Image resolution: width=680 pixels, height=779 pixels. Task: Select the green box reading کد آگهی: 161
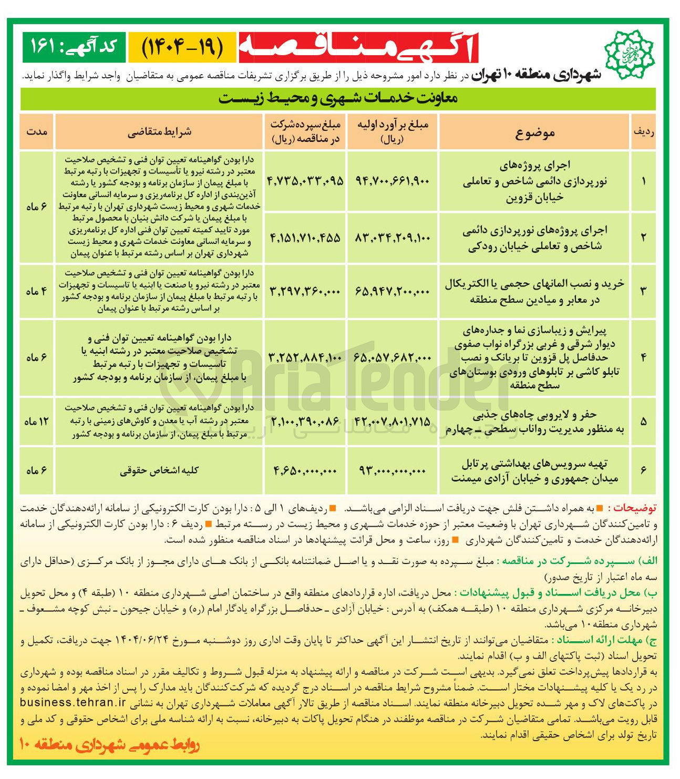click(x=73, y=47)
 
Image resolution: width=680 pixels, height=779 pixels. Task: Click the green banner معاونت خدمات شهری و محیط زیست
click(x=338, y=99)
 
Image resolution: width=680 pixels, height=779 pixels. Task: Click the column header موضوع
click(x=535, y=132)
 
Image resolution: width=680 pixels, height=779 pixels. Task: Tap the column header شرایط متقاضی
click(x=159, y=132)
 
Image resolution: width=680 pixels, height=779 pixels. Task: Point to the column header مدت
click(x=37, y=132)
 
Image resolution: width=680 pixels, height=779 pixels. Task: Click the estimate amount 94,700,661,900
click(x=393, y=181)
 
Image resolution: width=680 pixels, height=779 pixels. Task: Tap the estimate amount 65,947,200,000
click(x=393, y=291)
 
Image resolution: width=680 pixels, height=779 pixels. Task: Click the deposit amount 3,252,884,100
click(x=305, y=357)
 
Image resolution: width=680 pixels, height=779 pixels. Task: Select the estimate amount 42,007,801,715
click(x=393, y=422)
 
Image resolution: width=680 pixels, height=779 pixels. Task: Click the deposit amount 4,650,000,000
click(x=305, y=471)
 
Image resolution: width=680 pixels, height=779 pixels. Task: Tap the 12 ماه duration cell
click(x=36, y=422)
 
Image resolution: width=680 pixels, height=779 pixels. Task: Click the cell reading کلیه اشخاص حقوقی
click(x=159, y=471)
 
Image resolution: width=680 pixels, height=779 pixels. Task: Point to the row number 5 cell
click(x=643, y=422)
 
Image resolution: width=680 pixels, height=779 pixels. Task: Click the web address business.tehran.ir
click(x=73, y=702)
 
